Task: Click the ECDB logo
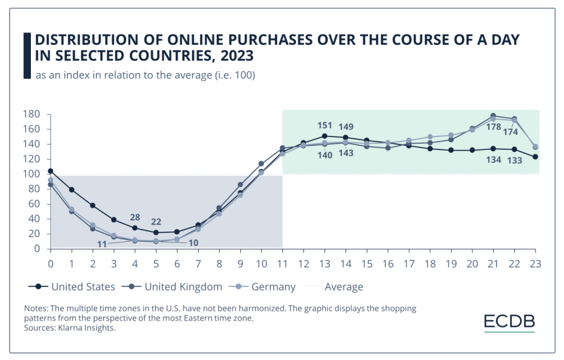point(509,321)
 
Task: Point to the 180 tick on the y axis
point(33,114)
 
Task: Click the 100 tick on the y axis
point(33,174)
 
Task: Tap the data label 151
point(325,125)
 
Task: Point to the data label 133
point(514,160)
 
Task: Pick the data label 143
point(346,153)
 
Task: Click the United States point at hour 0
point(50,171)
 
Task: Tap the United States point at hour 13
point(325,136)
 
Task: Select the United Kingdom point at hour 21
point(494,116)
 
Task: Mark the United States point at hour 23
point(535,157)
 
